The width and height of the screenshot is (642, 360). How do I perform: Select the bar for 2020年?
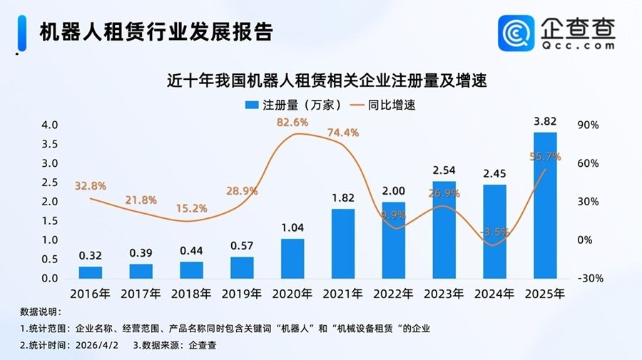[292, 258]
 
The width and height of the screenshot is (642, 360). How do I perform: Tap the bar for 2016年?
[91, 272]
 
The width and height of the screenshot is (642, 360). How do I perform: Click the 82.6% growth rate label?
[292, 123]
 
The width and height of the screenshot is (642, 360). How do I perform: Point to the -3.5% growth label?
[494, 232]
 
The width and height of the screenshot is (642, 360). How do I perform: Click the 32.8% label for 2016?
[91, 186]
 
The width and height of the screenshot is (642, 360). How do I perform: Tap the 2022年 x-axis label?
[394, 294]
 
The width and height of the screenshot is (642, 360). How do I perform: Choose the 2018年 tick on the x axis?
[191, 294]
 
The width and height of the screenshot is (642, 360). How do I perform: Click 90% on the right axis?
[588, 125]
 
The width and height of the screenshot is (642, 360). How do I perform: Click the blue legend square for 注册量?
[250, 105]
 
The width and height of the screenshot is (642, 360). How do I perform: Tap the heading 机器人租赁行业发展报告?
[156, 32]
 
